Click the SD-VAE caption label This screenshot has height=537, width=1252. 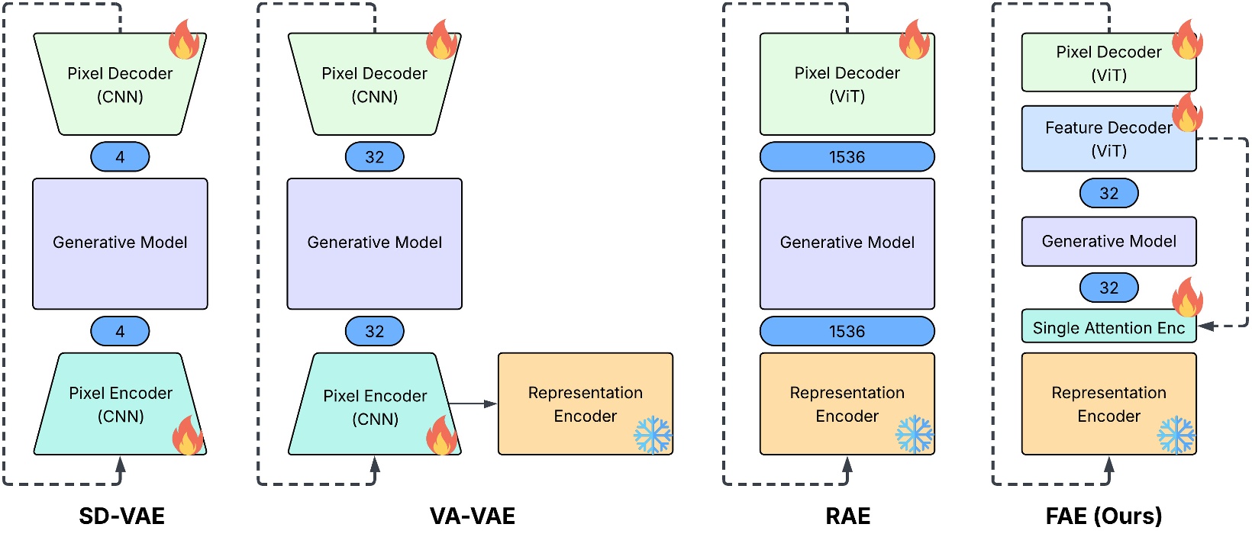pos(121,516)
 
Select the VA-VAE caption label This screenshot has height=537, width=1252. pos(472,516)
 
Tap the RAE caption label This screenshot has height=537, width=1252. pos(847,516)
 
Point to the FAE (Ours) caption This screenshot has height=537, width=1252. pos(1103,516)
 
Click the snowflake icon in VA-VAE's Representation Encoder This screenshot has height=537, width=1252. pos(653,435)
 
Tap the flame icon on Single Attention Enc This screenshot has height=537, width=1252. pos(1187,297)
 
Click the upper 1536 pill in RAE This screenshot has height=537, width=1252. pos(847,157)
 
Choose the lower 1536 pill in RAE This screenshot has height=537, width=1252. pos(847,331)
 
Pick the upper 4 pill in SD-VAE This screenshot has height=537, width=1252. pos(120,157)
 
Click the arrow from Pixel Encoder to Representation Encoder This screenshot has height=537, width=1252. pos(473,404)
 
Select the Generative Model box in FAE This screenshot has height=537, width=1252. pos(1108,242)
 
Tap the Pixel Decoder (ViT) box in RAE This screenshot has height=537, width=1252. pos(847,85)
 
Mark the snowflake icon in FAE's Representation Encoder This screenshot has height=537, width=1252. pos(1176,435)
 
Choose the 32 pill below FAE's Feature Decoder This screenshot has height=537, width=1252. pos(1108,194)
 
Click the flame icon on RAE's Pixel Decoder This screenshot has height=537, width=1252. pos(915,40)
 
